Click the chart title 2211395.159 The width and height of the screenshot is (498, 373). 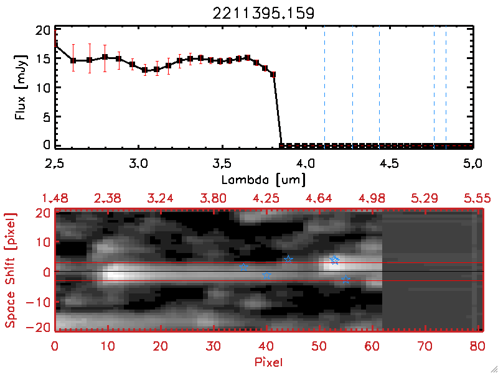coord(265,12)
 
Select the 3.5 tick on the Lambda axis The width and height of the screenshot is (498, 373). coord(222,165)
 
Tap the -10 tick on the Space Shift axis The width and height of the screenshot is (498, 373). coord(40,303)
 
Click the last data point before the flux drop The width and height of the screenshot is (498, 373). coord(273,74)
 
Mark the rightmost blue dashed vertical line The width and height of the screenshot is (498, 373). coord(446,87)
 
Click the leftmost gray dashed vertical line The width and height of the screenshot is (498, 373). coord(324,87)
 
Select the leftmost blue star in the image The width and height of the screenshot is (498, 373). coord(243,267)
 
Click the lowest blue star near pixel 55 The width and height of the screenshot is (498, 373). coord(346,280)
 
